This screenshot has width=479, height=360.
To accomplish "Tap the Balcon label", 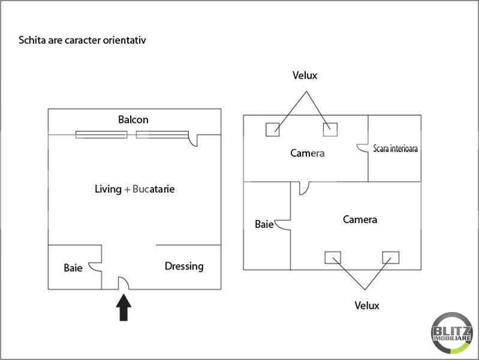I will (x=133, y=119).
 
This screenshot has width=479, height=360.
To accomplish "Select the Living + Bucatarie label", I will (x=135, y=189).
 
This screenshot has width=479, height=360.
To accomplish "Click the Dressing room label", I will (x=184, y=266).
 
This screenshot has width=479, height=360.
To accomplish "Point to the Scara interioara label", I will (x=395, y=148).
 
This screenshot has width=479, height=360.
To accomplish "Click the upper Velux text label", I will (x=305, y=76).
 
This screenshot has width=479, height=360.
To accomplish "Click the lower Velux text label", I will (x=367, y=305).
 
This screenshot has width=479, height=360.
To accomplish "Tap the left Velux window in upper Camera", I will (x=273, y=129).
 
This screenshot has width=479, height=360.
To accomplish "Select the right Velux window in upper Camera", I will (x=330, y=129).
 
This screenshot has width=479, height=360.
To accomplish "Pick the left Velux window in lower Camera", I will (x=333, y=257).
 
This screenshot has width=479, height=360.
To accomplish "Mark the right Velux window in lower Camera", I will (x=390, y=257).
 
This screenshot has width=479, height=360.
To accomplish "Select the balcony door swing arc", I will (x=193, y=140).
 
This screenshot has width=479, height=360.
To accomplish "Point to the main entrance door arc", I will (x=123, y=282).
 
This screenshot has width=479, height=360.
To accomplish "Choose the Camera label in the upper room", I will (x=308, y=153).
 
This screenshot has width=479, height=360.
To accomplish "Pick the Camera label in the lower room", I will (x=360, y=220).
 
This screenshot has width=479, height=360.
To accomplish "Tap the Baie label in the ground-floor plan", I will (x=73, y=268).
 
